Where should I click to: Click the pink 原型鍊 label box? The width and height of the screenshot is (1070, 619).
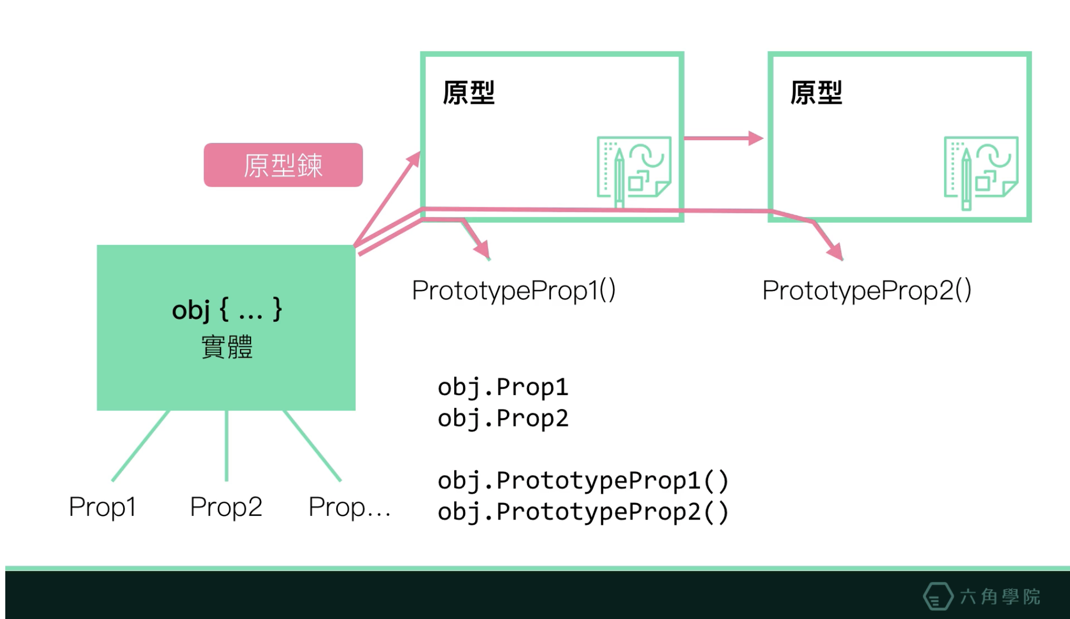point(283,165)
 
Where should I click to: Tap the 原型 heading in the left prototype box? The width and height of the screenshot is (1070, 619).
point(468,93)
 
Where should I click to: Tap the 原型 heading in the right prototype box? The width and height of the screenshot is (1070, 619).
point(816,93)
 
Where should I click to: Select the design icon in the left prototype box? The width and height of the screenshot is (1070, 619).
point(634,171)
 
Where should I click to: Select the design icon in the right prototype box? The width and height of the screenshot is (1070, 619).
point(981,172)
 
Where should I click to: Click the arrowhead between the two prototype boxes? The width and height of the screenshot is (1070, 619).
point(756,139)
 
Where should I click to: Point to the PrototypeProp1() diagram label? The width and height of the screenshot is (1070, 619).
point(514,290)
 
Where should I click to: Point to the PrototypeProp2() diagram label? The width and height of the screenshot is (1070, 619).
point(867,290)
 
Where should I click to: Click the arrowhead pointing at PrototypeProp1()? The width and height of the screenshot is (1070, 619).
point(482,249)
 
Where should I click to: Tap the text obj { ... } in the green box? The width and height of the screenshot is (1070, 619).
point(227,309)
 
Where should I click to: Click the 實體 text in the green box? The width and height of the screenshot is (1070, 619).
point(227,347)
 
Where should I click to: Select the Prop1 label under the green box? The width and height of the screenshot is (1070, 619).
point(103,507)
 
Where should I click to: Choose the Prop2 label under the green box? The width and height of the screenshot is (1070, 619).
point(226,507)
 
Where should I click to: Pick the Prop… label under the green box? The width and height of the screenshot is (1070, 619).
point(349,507)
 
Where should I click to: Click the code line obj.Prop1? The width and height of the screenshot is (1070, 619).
point(503,387)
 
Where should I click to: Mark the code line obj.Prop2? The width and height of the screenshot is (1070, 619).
point(503,418)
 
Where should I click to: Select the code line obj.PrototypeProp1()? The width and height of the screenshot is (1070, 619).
point(583,480)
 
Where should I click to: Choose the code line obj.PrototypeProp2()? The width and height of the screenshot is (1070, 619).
point(583,512)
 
